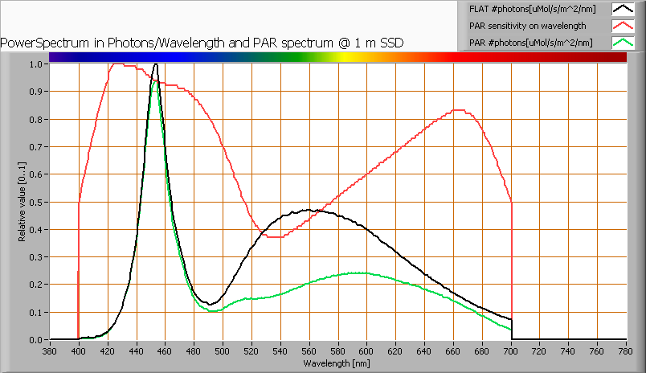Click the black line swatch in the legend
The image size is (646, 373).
623,10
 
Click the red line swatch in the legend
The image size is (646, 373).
623,26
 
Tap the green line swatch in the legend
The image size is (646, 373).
623,42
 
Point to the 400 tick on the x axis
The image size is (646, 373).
78,351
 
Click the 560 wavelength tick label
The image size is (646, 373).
309,351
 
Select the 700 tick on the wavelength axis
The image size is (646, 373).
511,351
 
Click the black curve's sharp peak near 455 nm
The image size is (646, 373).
156,64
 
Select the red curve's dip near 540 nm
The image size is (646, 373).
277,237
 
